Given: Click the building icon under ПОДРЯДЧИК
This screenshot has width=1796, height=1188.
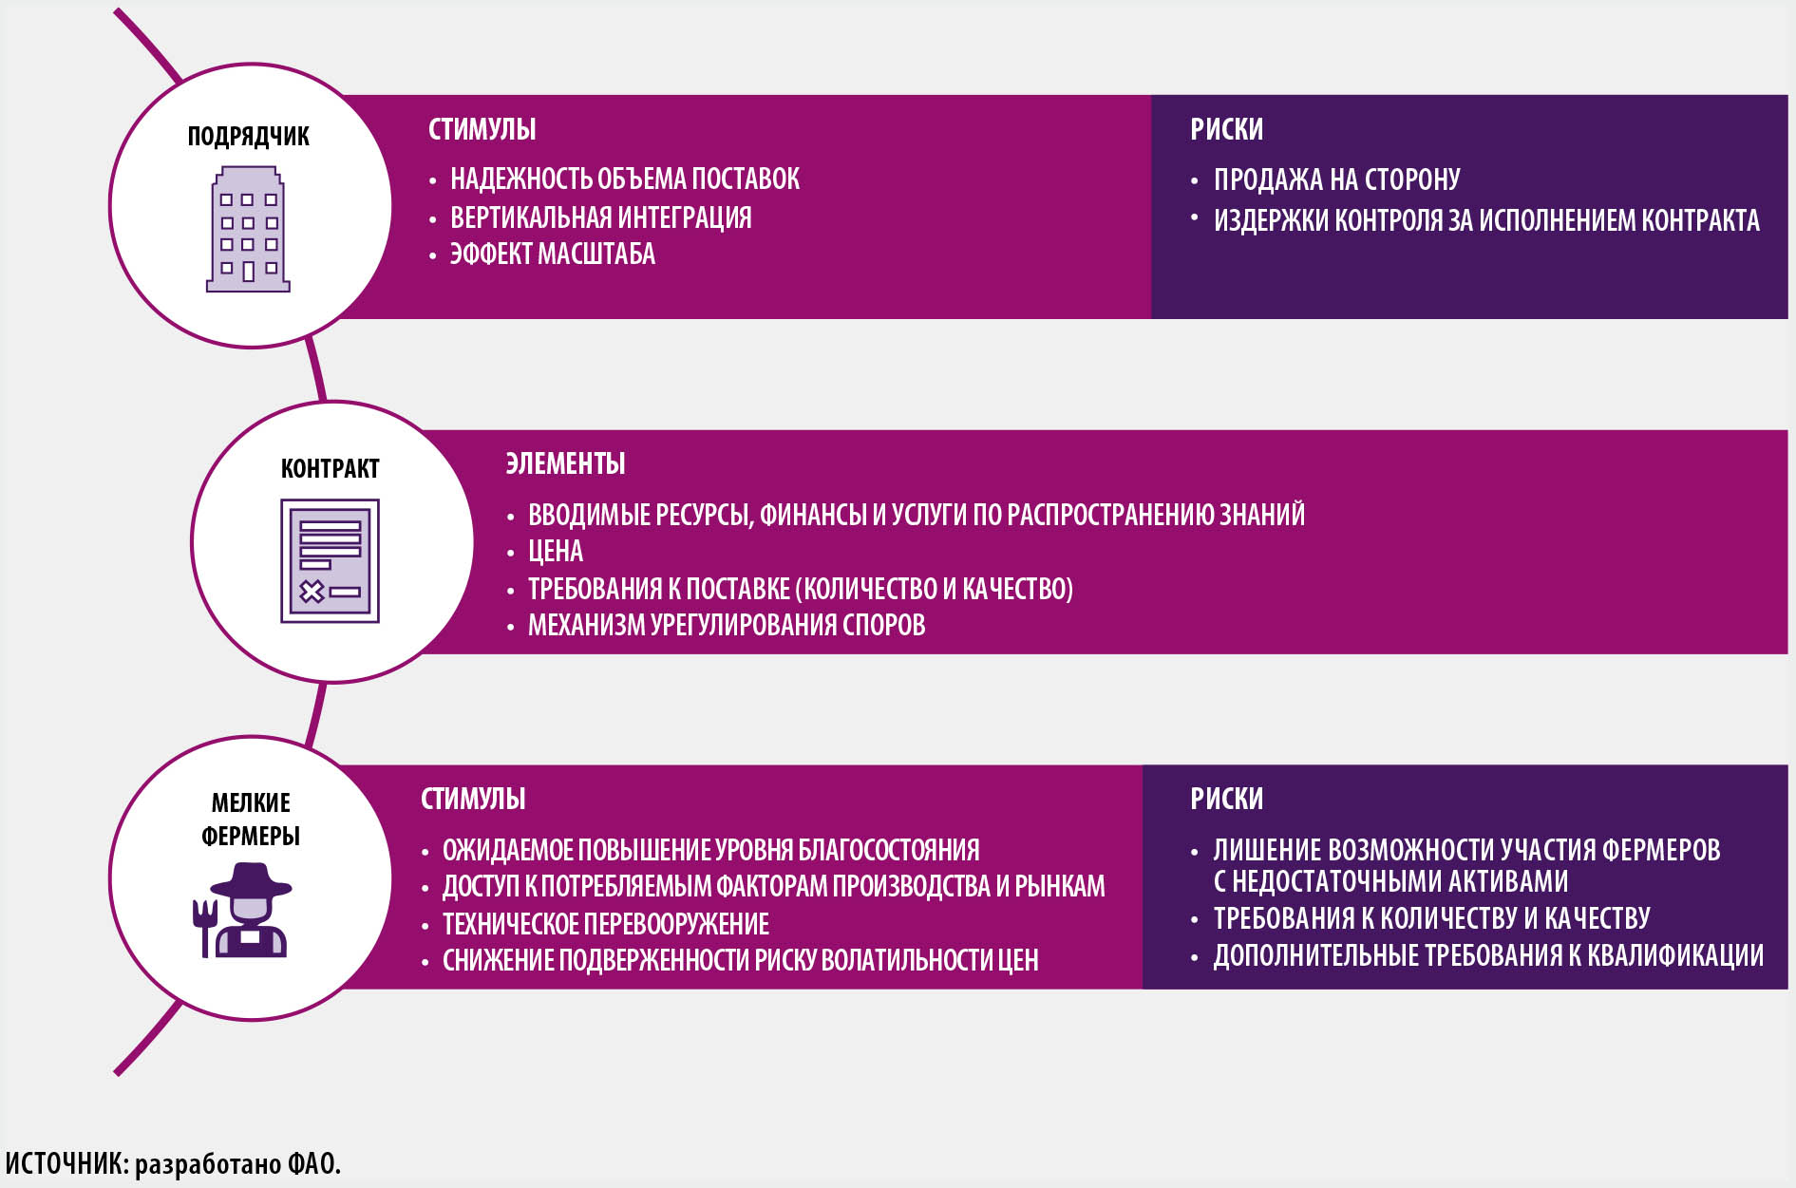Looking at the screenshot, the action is tap(248, 229).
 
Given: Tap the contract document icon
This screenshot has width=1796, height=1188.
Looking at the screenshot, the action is tap(330, 561).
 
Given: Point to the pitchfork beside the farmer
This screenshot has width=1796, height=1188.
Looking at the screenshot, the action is tap(204, 928).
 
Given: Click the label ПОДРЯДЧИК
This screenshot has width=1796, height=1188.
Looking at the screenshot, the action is tap(248, 137).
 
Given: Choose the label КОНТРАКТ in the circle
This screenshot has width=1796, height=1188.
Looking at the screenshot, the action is tap(330, 469).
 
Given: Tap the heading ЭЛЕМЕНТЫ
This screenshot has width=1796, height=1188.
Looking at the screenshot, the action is tap(565, 463).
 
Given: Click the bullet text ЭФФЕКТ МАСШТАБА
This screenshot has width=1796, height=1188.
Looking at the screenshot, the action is tap(552, 255).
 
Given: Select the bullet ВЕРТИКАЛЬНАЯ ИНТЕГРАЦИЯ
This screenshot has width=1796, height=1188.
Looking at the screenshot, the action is tap(600, 217).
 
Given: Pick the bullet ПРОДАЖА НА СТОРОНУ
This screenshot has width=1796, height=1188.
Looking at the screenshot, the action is tap(1336, 179).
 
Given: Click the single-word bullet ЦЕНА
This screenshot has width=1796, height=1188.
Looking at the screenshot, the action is tap(556, 552).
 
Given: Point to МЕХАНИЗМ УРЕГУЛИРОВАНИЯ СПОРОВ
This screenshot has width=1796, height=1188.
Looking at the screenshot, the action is tap(727, 626).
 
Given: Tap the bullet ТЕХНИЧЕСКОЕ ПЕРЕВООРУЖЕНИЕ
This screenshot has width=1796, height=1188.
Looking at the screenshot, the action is tap(606, 924).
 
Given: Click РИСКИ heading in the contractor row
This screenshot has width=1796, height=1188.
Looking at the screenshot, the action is tap(1226, 129).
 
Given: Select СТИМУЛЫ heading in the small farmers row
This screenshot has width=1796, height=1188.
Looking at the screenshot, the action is tap(473, 799).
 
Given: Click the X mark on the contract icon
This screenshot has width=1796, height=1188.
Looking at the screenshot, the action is tap(312, 593).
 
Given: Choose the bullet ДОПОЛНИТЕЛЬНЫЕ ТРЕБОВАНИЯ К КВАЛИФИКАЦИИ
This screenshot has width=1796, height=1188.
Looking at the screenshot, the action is tap(1488, 955).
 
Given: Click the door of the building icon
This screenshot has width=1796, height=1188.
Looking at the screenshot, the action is tap(248, 273).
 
